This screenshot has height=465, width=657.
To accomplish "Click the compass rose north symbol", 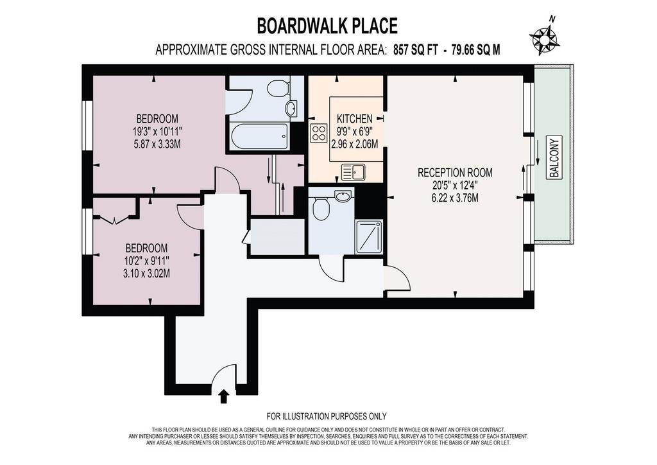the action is click(x=545, y=38).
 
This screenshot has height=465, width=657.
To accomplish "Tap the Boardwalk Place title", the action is click(x=327, y=26).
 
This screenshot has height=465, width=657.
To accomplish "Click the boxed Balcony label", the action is click(x=554, y=157).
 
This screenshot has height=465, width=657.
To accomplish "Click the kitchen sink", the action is click(x=354, y=172).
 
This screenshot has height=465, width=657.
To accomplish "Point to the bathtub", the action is click(x=259, y=136).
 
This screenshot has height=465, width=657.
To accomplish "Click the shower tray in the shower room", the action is click(x=369, y=238).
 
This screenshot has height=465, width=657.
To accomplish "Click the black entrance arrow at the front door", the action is click(x=224, y=396).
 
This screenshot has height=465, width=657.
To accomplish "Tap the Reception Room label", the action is click(x=455, y=172).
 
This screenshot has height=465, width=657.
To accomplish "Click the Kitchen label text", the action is click(x=354, y=119).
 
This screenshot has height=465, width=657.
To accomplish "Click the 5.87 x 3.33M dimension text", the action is click(x=157, y=145).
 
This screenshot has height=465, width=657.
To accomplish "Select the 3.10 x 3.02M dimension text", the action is click(x=146, y=274).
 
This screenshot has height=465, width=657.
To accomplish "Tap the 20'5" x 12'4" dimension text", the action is click(x=455, y=185).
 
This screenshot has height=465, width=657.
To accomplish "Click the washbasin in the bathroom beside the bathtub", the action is click(x=291, y=108).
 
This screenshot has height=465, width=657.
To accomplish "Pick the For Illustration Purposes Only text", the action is click(x=327, y=416).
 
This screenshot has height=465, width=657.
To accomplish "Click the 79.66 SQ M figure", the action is click(x=475, y=50).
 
